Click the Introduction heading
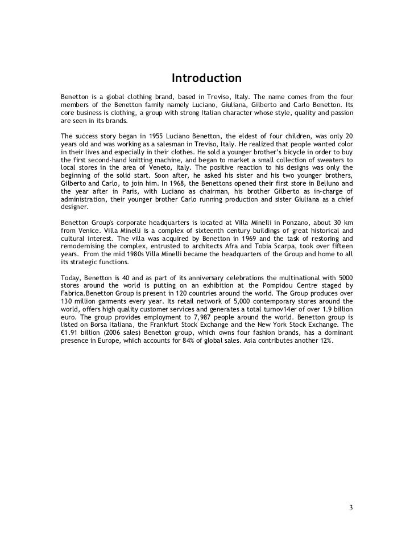pyautogui.click(x=207, y=77)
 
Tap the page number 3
pyautogui.click(x=350, y=508)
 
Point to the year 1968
pyautogui.click(x=190, y=184)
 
